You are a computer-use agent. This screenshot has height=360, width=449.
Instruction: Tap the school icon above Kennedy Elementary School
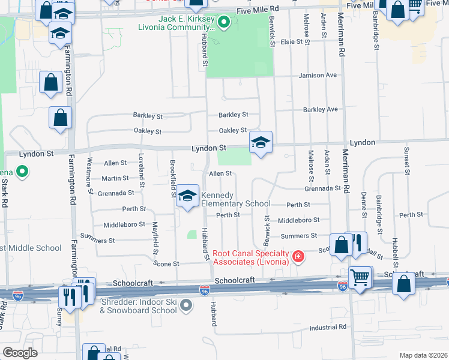coord(187,196)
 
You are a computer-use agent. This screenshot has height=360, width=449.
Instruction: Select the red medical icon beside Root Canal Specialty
coord(297,258)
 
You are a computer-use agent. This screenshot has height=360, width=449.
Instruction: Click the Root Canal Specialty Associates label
coord(250,257)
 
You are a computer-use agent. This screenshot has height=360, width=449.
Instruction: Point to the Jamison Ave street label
coord(319,76)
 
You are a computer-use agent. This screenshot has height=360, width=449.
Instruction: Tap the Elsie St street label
coord(291,42)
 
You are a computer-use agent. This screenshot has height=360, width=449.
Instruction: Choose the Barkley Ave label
coord(321,110)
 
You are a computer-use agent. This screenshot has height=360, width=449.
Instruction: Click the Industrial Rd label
coord(328,328)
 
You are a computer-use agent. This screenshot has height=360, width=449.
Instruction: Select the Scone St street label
coord(167,263)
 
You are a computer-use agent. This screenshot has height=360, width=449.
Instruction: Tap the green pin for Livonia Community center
coord(223,23)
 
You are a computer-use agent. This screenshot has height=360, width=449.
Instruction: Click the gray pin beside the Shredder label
coord(187,306)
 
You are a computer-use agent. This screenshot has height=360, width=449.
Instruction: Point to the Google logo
coord(20,353)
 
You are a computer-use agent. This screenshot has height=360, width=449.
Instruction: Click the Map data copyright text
coord(424,355)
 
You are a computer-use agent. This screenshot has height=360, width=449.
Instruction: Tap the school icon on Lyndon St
coord(261,143)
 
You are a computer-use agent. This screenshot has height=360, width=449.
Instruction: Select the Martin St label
coord(115,178)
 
